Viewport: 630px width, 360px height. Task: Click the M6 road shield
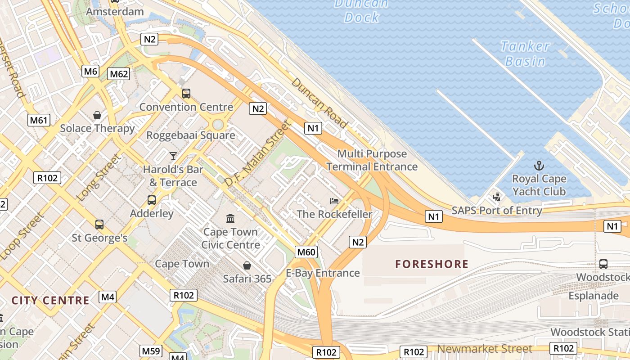pyautogui.click(x=90, y=71)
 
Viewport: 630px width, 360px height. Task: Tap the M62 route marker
pyautogui.click(x=119, y=74)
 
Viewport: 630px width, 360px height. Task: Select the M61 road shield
pyautogui.click(x=39, y=120)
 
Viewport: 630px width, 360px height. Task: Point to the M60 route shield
pyautogui.click(x=306, y=252)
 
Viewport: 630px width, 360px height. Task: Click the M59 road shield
pyautogui.click(x=151, y=351)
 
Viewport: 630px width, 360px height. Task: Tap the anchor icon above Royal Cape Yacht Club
pyautogui.click(x=539, y=166)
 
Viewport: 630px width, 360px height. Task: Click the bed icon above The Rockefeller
pyautogui.click(x=334, y=201)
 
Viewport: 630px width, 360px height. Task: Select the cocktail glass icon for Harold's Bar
pyautogui.click(x=173, y=156)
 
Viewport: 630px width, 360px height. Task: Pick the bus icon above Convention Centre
pyautogui.click(x=186, y=94)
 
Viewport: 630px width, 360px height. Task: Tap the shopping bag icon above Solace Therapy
pyautogui.click(x=97, y=115)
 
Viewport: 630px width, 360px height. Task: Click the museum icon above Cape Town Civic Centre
pyautogui.click(x=230, y=219)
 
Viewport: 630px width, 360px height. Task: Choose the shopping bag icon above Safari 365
pyautogui.click(x=247, y=265)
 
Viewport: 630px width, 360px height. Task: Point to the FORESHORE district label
pyautogui.click(x=432, y=264)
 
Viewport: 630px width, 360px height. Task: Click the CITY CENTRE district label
pyautogui.click(x=50, y=301)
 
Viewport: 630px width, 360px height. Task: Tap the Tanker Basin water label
pyautogui.click(x=525, y=54)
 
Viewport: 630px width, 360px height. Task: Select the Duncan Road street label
pyautogui.click(x=319, y=103)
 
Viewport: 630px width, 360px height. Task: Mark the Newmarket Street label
pyautogui.click(x=484, y=349)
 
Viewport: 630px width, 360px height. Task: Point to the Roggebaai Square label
pyautogui.click(x=191, y=135)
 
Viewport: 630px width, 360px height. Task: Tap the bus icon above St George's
pyautogui.click(x=99, y=224)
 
